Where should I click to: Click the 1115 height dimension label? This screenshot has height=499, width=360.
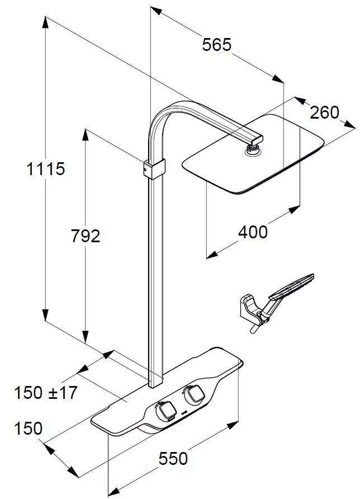tap(45, 168)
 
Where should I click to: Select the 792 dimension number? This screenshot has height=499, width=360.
tap(85, 236)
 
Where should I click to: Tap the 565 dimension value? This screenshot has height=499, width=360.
tap(217, 44)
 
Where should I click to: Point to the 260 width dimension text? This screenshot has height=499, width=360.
tap(325, 112)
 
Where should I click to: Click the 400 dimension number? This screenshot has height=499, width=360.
tap(253, 232)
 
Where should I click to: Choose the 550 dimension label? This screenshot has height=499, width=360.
tap(173, 459)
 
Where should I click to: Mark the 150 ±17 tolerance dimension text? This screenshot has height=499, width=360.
tap(45, 392)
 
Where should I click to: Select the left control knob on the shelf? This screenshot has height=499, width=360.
tap(165, 409)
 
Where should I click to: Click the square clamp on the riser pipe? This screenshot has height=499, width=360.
tap(154, 169)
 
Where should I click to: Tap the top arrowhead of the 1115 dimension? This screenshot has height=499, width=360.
tap(46, 22)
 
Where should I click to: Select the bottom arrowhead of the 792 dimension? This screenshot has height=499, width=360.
tap(85, 337)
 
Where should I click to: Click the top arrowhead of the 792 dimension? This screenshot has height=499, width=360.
tap(85, 135)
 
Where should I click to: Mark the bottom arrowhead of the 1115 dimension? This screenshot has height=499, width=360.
tap(46, 315)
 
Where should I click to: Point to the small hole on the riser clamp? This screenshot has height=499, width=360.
tap(145, 170)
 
